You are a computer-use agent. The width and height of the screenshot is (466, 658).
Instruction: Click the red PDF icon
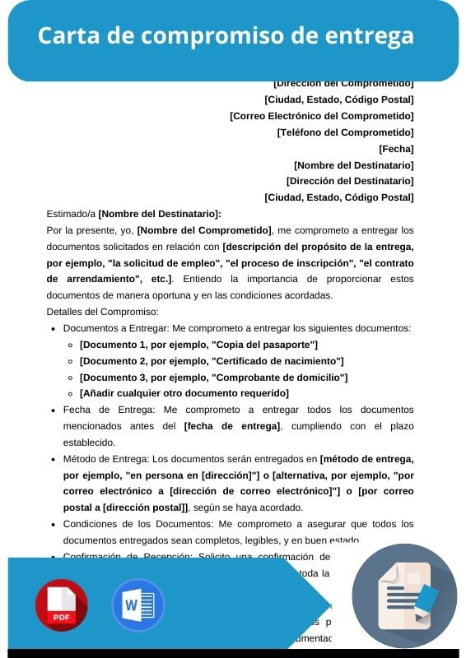pyautogui.click(x=61, y=605)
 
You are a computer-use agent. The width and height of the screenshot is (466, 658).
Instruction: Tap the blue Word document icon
pyautogui.click(x=138, y=605)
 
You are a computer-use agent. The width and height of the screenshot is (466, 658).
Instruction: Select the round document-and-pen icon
pyautogui.click(x=404, y=595)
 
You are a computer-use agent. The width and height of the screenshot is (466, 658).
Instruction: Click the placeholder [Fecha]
pyautogui.click(x=396, y=149)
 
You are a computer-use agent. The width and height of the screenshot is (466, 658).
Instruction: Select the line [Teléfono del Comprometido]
pyautogui.click(x=345, y=132)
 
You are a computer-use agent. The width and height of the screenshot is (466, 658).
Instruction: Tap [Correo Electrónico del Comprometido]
pyautogui.click(x=321, y=116)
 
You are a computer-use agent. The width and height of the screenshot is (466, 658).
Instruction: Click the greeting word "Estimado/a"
pyautogui.click(x=71, y=214)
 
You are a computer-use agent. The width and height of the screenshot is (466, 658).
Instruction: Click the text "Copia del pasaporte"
pyautogui.click(x=264, y=345)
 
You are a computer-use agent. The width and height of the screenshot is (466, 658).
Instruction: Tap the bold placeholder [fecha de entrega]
pyautogui.click(x=232, y=426)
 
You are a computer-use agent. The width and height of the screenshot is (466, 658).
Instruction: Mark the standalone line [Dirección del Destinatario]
pyautogui.click(x=350, y=181)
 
